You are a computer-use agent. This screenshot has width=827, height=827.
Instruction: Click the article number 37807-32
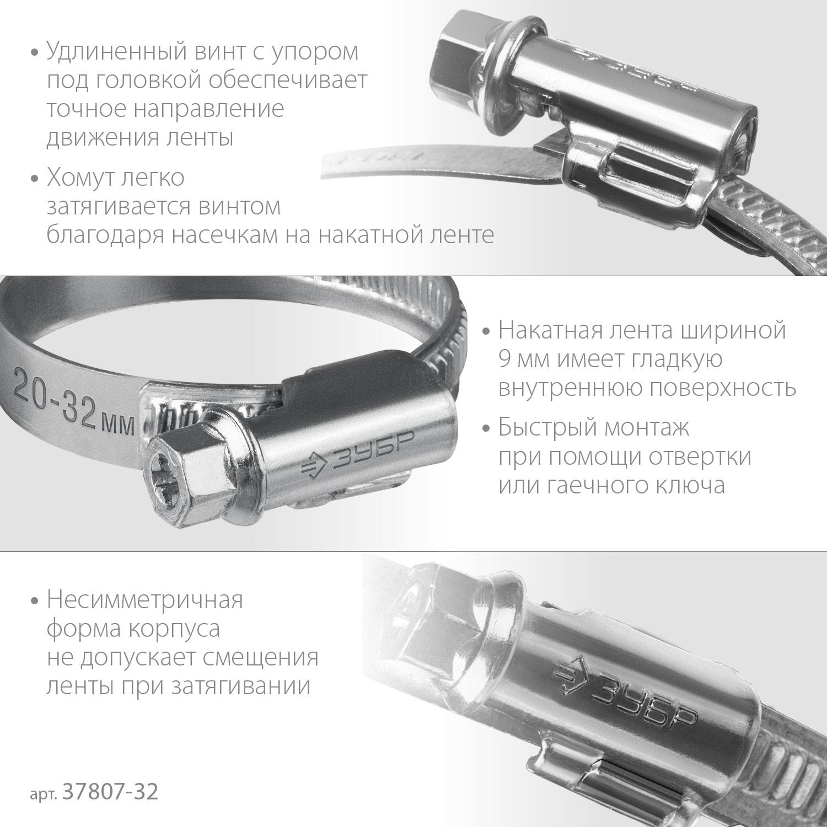pos(111,792)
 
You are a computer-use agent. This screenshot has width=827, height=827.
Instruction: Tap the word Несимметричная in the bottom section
pos(144,600)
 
